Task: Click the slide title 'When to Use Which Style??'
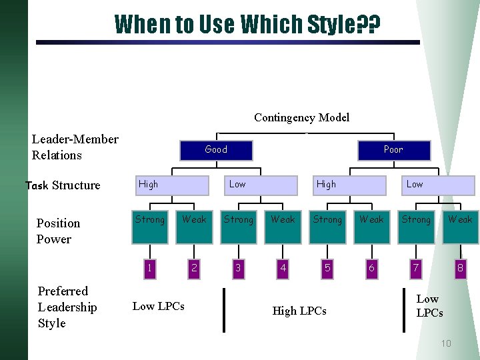[x=247, y=24]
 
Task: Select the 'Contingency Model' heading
[x=301, y=117]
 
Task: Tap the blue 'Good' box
[x=216, y=150]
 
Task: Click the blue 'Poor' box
[x=393, y=150]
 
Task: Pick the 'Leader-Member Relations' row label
[x=75, y=147]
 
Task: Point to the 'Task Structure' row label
[x=63, y=185]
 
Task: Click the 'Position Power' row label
[x=58, y=231]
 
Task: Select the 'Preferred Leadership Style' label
[x=67, y=307]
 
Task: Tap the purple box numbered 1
[x=150, y=268]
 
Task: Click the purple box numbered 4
[x=283, y=268]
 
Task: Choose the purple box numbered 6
[x=371, y=268]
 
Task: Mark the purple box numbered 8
[x=460, y=268]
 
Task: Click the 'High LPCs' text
[x=299, y=311]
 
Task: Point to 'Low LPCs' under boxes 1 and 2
[x=159, y=306]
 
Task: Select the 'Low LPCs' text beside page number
[x=429, y=306]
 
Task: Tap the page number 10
[x=445, y=343]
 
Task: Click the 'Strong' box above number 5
[x=327, y=219]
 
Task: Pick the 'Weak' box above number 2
[x=194, y=219]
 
